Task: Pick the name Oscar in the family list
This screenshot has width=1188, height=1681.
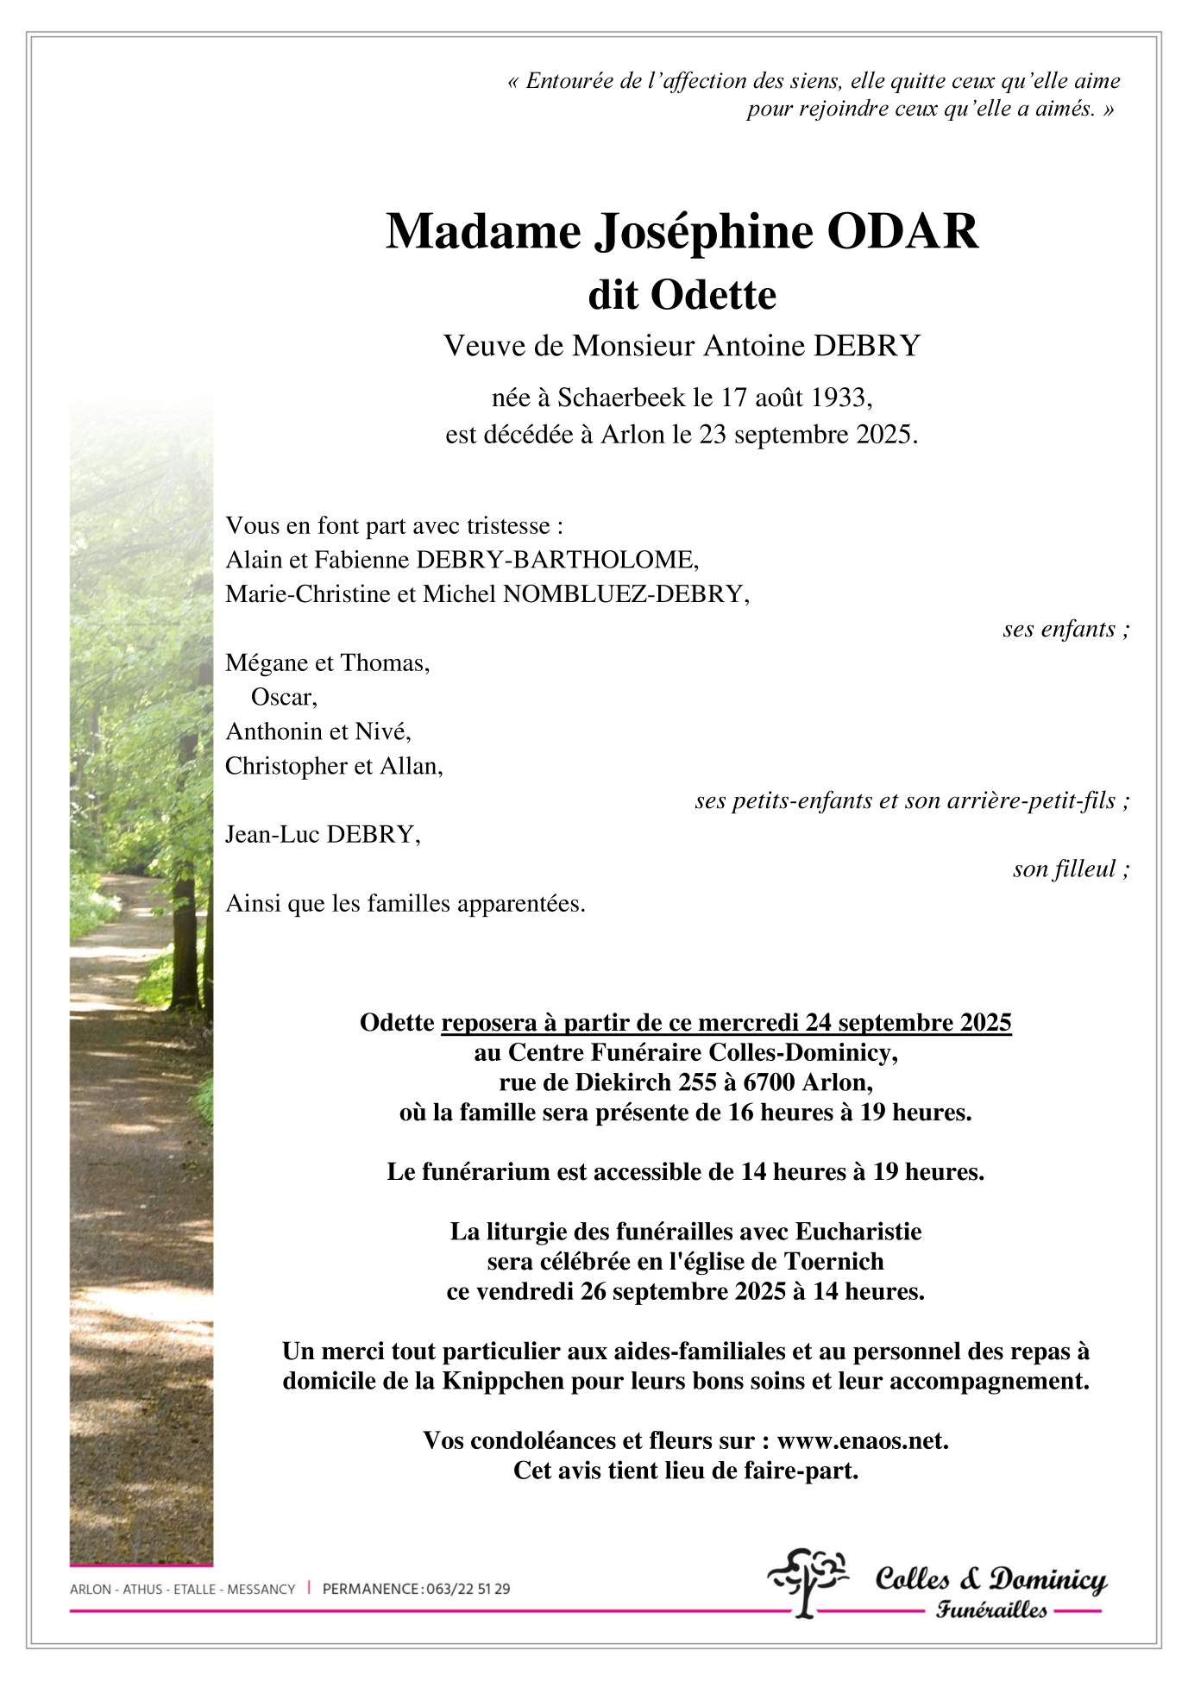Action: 282,697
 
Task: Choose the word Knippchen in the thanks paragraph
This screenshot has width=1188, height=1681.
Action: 502,1381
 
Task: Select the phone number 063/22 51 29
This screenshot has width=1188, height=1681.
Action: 468,1589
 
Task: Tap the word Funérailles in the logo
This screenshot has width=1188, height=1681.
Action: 991,1609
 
